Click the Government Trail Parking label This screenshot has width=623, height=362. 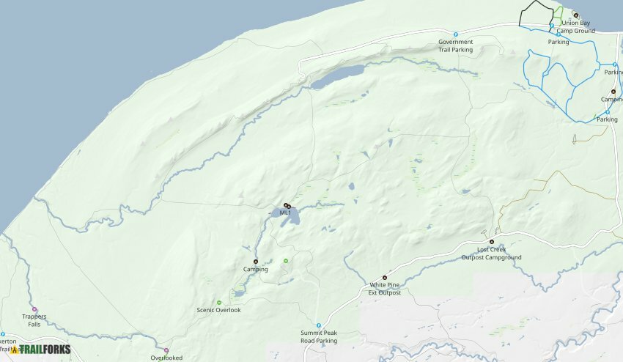point(455,46)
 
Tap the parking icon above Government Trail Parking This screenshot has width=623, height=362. point(456,34)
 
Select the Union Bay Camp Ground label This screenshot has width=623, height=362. point(575,27)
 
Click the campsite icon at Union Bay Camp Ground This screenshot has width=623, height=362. point(575,15)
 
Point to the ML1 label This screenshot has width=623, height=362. point(285,213)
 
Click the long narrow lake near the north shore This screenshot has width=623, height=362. point(337,76)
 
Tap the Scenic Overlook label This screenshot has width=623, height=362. point(218,310)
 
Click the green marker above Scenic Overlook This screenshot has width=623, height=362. point(219,303)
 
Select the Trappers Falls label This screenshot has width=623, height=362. point(34,319)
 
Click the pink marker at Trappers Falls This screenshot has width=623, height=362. point(34,309)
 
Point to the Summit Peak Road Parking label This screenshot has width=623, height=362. point(319,336)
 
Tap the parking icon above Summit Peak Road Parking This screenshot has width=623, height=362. point(319,325)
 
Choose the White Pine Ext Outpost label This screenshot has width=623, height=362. point(385,289)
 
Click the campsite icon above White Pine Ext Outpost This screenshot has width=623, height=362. point(385,277)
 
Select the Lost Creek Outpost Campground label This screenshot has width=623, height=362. point(492,254)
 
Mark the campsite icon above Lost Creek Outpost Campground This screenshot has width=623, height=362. point(492,242)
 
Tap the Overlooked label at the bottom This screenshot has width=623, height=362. point(166,358)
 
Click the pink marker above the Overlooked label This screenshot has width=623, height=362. point(166,350)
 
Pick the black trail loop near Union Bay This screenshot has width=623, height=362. point(537,14)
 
